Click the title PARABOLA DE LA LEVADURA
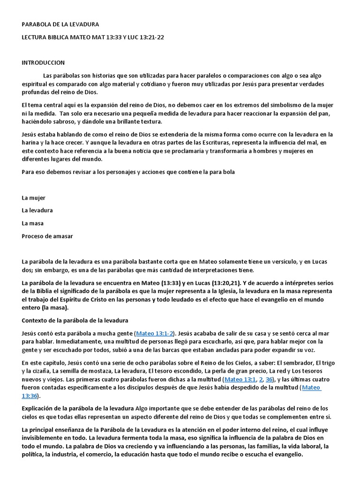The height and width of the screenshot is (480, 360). pyautogui.click(x=60, y=24)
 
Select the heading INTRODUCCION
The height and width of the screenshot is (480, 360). pyautogui.click(x=43, y=62)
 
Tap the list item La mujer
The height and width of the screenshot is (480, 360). pyautogui.click(x=33, y=198)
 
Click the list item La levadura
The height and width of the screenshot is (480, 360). pyautogui.click(x=37, y=210)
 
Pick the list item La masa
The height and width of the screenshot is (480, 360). pyautogui.click(x=32, y=223)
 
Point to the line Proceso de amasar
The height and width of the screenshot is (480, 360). pyautogui.click(x=47, y=236)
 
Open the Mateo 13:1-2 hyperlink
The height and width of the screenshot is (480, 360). pyautogui.click(x=154, y=333)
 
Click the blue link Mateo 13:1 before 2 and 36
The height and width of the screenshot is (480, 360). pyautogui.click(x=240, y=379)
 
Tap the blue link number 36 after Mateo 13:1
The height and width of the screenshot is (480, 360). pyautogui.click(x=269, y=379)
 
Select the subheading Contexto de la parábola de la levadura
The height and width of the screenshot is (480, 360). pyautogui.click(x=75, y=321)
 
